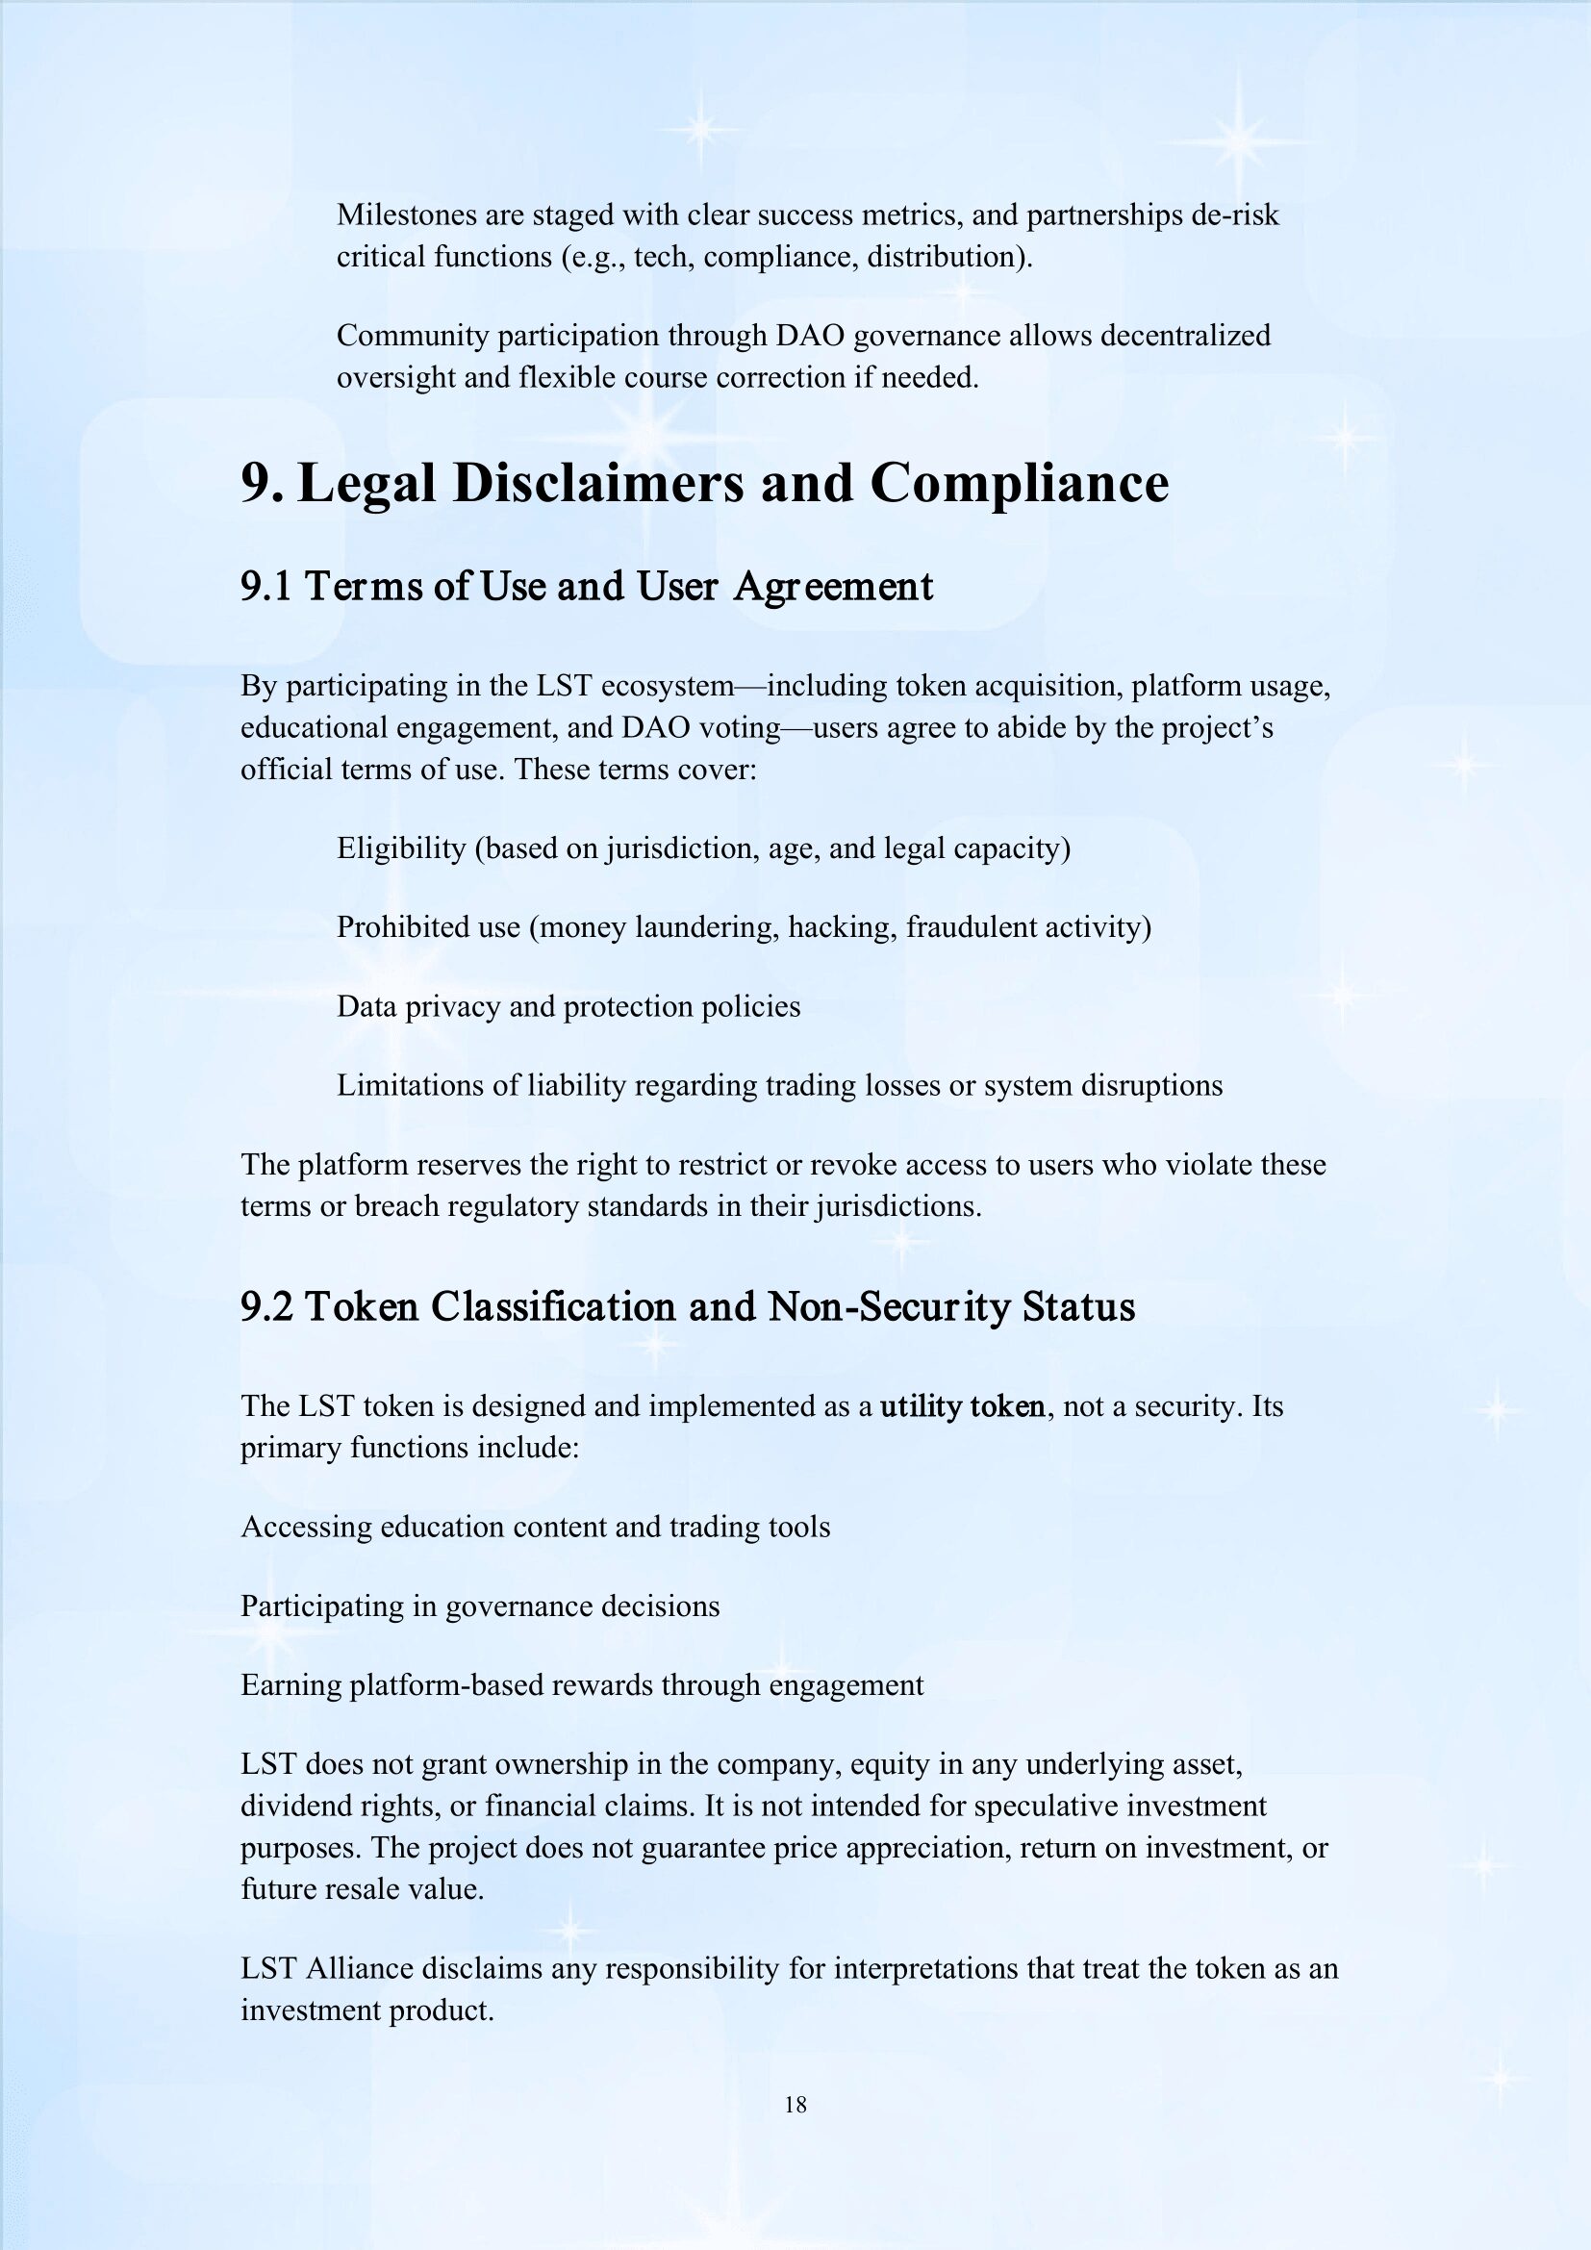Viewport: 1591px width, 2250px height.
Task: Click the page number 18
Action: pyautogui.click(x=795, y=2104)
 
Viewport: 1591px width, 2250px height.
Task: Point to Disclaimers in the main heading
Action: pyautogui.click(x=599, y=483)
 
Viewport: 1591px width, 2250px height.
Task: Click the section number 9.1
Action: pyautogui.click(x=265, y=586)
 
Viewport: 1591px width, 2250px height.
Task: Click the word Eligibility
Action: pyautogui.click(x=401, y=847)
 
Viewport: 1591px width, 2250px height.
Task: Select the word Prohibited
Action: pyautogui.click(x=399, y=927)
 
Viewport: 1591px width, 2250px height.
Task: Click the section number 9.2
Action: pyautogui.click(x=266, y=1306)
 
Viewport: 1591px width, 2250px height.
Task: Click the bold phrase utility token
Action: pyautogui.click(x=962, y=1406)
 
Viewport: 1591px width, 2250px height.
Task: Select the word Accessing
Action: pyautogui.click(x=306, y=1527)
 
